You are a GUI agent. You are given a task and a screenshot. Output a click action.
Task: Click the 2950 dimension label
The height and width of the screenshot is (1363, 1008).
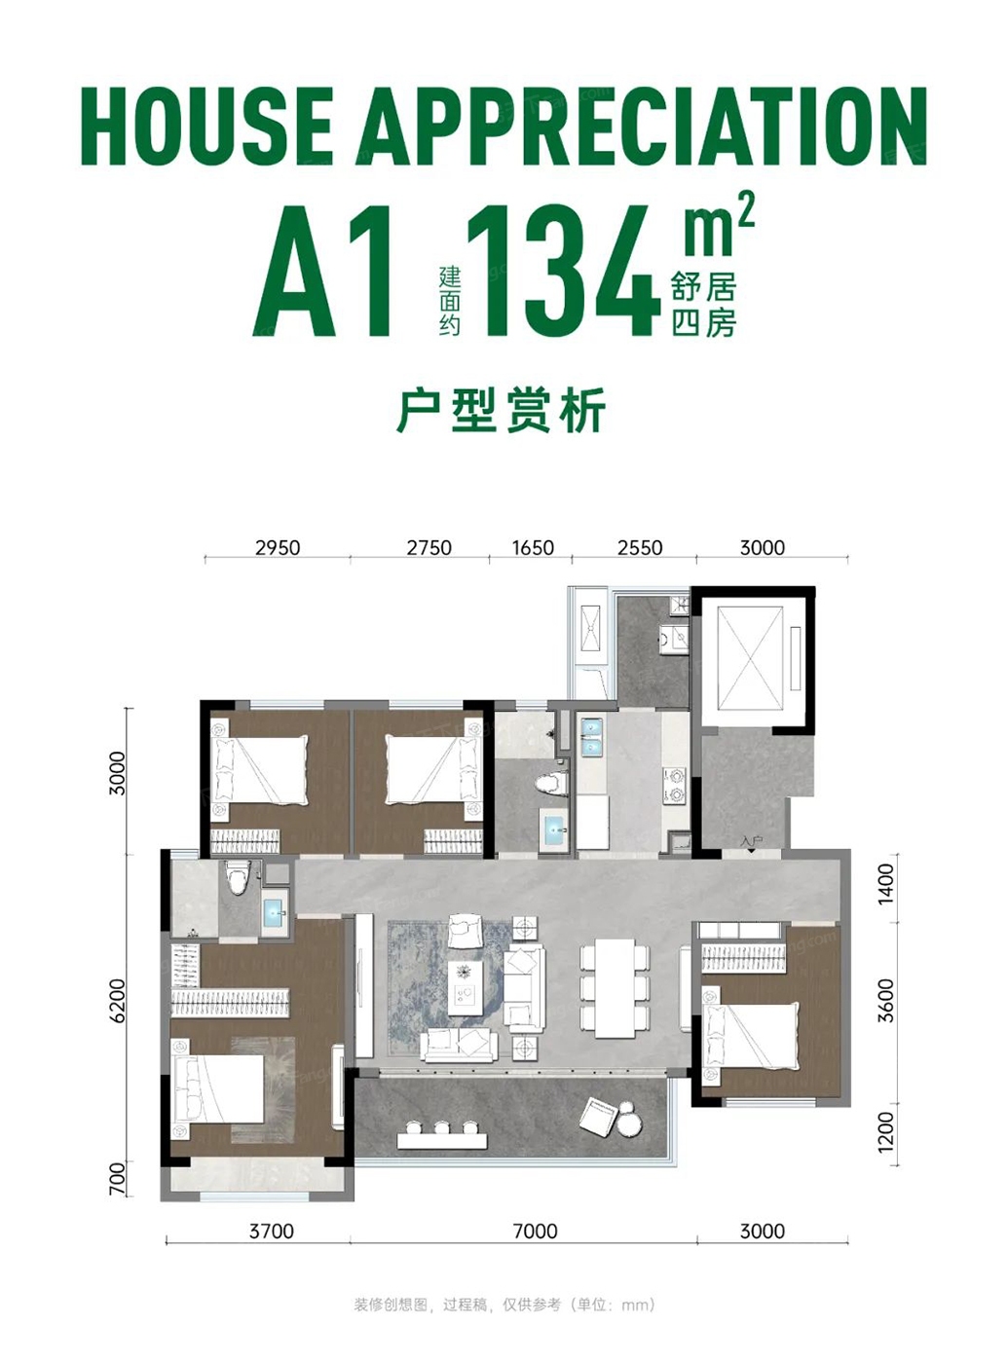[278, 547]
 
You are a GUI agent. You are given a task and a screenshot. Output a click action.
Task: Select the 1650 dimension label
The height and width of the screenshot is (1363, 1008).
[533, 547]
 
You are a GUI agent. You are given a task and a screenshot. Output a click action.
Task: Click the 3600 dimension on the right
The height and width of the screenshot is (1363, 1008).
[886, 1001]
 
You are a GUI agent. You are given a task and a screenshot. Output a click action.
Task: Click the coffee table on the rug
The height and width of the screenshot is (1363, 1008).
[465, 989]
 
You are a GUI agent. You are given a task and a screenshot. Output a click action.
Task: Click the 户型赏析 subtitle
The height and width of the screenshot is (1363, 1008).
[502, 410]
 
